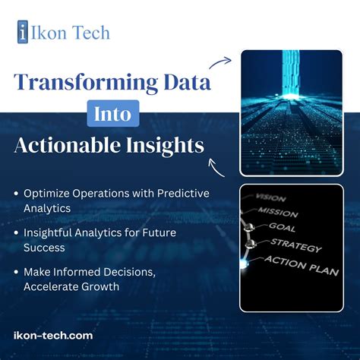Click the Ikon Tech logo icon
(x=25, y=32)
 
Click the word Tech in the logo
(x=91, y=33)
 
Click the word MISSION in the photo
(x=277, y=212)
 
